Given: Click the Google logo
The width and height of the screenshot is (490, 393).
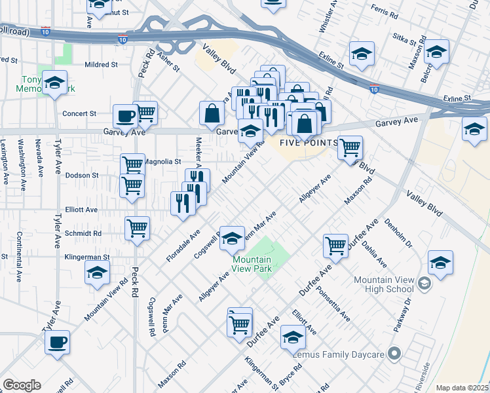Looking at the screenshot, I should click(x=22, y=385).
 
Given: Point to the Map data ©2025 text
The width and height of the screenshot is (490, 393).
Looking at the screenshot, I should click(x=462, y=388).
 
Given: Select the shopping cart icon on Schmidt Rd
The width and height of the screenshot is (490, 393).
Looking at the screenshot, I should click(x=138, y=228).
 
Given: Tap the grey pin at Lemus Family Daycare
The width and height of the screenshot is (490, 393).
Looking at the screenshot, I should click(x=394, y=354).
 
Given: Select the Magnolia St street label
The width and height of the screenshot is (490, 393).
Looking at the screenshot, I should click(x=162, y=161).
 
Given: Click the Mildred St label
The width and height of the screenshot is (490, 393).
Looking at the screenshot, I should click(x=102, y=65).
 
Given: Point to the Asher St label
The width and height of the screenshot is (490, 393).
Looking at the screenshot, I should click(x=168, y=64).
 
